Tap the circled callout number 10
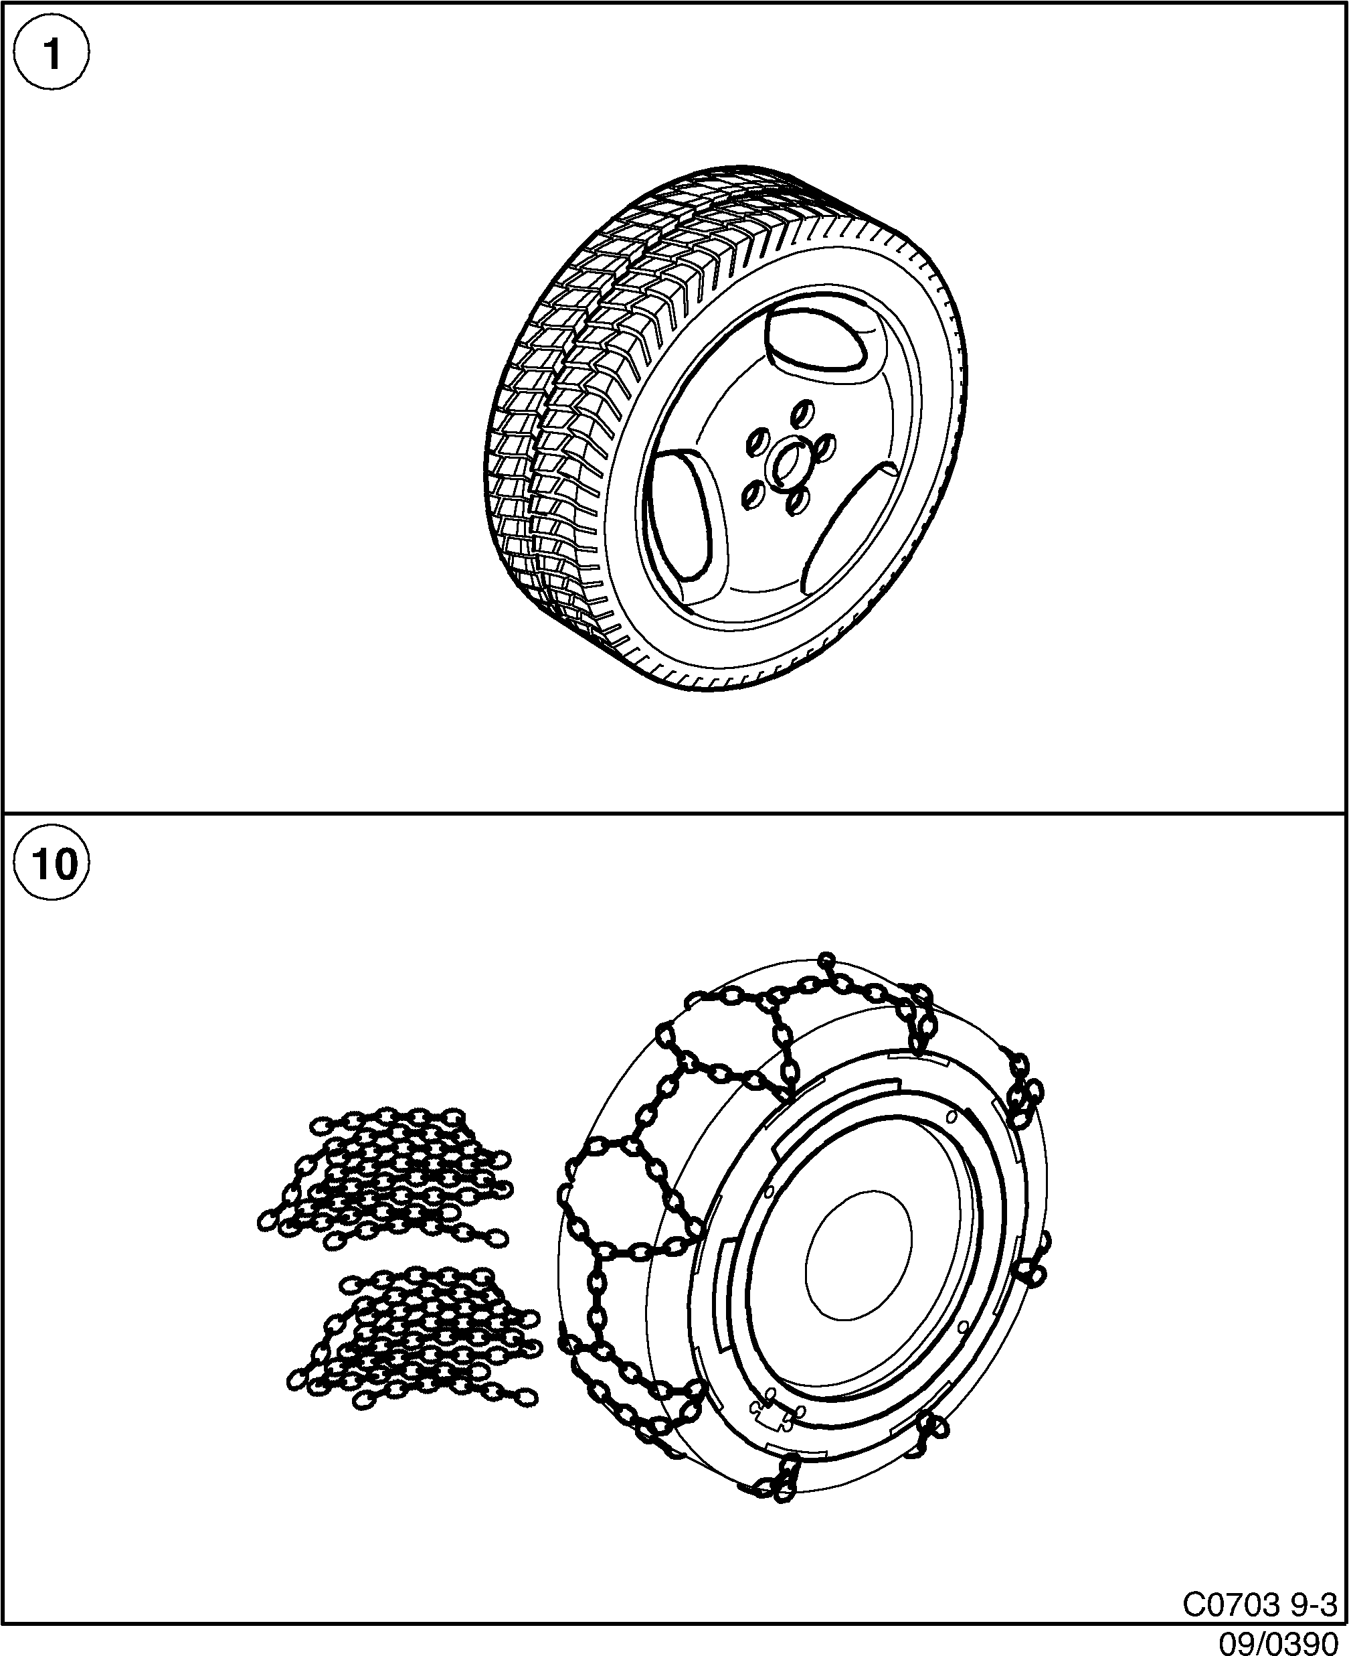(x=52, y=864)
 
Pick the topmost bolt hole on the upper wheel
(x=804, y=410)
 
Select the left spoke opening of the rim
(x=680, y=516)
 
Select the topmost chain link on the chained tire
(x=827, y=961)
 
